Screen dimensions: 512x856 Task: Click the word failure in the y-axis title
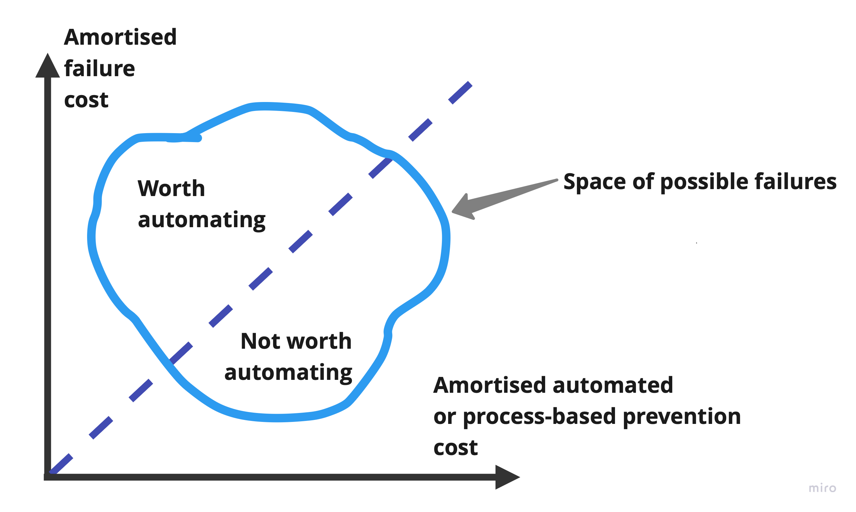[x=99, y=68]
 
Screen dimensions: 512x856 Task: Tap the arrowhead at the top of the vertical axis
[x=48, y=66]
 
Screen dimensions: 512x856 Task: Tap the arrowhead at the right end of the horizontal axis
[x=506, y=477]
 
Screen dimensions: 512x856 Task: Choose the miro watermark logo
[x=822, y=488]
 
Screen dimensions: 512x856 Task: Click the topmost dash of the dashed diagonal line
[x=460, y=93]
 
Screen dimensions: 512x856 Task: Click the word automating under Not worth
[x=288, y=373]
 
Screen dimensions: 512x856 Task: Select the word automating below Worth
[x=202, y=220]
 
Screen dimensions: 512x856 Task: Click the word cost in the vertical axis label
[x=86, y=100]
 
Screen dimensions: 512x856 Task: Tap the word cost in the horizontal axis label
[x=455, y=448]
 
